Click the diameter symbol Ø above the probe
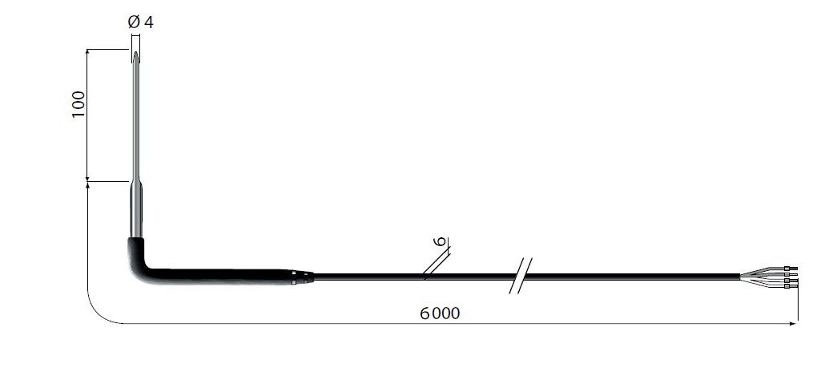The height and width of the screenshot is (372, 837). tap(134, 22)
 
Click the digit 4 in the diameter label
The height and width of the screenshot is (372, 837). tap(148, 22)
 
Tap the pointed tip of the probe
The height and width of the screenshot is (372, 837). tap(136, 52)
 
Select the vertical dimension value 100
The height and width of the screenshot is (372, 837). tap(78, 104)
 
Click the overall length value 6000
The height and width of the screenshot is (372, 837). tap(439, 313)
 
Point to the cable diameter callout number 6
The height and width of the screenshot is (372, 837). tap(441, 241)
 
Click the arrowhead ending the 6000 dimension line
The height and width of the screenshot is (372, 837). tap(793, 323)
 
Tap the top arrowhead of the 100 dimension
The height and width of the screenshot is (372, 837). tap(87, 53)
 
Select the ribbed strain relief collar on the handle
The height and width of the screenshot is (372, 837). tap(303, 277)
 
